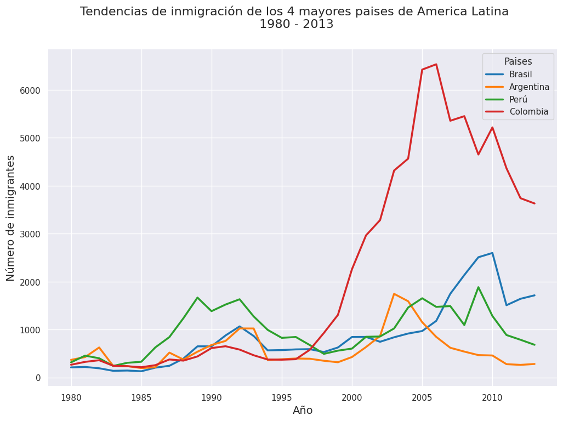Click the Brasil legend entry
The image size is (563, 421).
coord(520,75)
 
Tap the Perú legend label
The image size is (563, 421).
coord(518,99)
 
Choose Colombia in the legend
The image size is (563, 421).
coord(528,112)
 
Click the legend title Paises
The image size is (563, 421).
coord(518,62)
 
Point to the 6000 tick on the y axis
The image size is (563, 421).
coord(31,90)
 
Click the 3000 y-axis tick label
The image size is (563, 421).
coord(31,234)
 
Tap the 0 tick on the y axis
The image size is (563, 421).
coord(37,378)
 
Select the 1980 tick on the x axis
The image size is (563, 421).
coord(71,397)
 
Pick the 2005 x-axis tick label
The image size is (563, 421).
coord(422,397)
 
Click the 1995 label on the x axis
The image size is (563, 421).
coord(282,397)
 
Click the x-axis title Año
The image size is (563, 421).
coord(303,411)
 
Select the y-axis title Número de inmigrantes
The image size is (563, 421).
coord(11,218)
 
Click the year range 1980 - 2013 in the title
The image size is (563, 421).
coord(296,25)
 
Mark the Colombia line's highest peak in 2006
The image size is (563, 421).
coord(436,64)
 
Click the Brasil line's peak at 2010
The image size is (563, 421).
coord(492,253)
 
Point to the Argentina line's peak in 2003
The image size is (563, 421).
coord(394,294)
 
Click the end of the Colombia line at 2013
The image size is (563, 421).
coord(534,203)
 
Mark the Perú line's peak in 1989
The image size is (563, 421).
coord(197,298)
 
